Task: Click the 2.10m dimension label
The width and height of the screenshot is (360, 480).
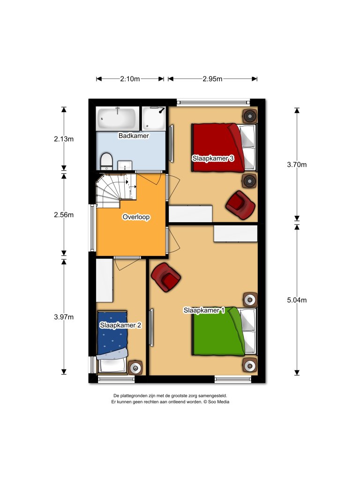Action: point(130,79)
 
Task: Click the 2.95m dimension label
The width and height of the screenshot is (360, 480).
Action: point(212,79)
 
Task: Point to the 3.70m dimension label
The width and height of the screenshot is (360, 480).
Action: point(297,164)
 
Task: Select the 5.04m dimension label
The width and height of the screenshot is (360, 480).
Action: point(297,300)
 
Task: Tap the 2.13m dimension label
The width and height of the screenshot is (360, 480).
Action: point(64,139)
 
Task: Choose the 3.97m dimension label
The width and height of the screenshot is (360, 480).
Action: point(64,317)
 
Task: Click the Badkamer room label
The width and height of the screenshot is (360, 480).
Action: point(134,136)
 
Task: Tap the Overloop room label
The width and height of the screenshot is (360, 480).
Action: point(136,217)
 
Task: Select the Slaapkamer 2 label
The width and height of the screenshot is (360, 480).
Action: point(120,324)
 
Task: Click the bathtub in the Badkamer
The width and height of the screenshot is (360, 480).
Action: point(118,119)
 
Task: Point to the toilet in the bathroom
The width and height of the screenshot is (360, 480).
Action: point(106,161)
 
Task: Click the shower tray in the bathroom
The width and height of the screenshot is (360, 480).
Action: point(154,119)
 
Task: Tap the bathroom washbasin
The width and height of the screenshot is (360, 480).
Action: point(125,165)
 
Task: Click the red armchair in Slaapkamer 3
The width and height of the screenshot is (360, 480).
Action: point(240,205)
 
